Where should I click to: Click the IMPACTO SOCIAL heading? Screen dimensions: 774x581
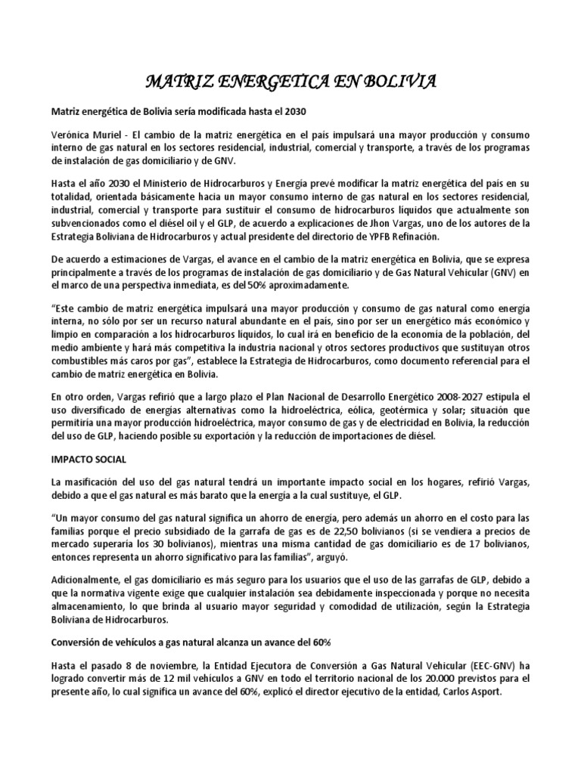click(x=89, y=459)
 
